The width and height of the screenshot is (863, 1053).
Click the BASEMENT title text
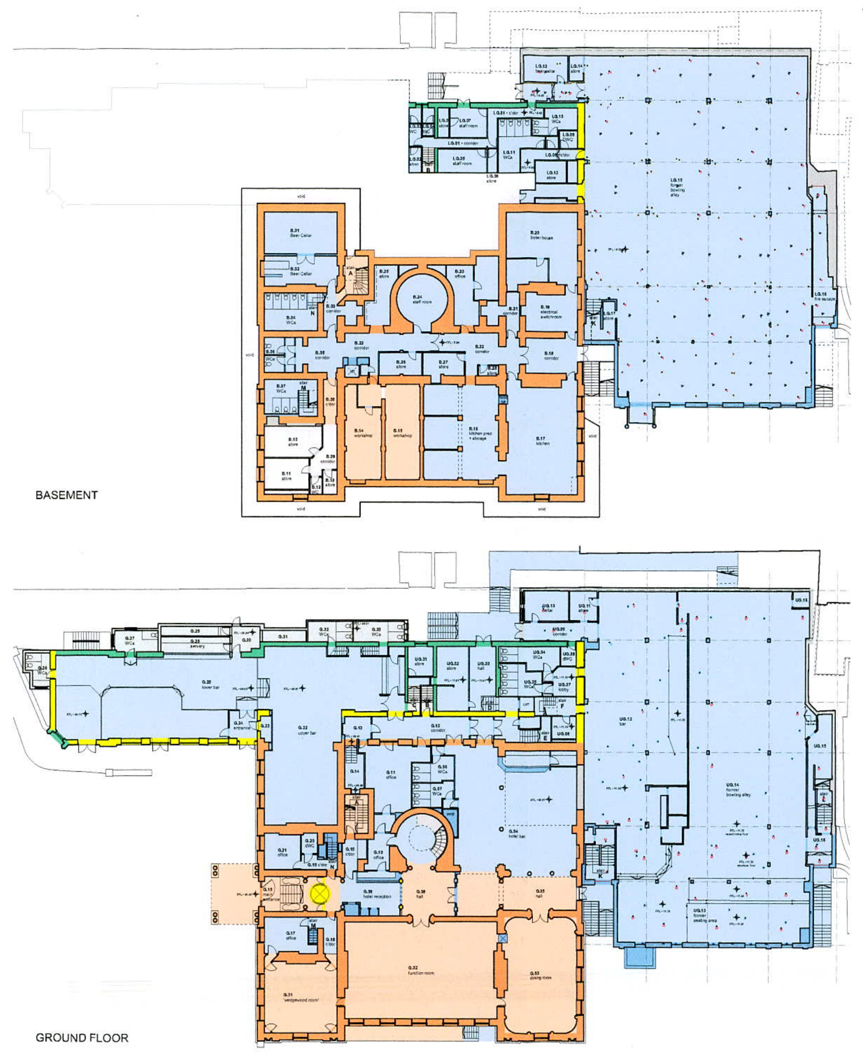(67, 495)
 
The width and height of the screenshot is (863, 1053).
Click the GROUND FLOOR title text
(82, 1038)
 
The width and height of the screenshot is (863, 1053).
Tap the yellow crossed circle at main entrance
(319, 893)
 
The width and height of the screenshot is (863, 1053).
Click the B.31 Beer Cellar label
(301, 233)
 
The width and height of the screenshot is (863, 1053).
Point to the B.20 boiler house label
(541, 235)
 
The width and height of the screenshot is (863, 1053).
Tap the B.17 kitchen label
(542, 441)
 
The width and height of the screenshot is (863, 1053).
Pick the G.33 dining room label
(540, 975)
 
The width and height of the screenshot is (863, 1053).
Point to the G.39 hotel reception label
(377, 894)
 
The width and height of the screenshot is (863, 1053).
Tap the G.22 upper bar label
(306, 730)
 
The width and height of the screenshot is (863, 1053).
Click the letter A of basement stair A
(350, 273)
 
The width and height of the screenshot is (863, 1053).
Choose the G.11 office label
(390, 774)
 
